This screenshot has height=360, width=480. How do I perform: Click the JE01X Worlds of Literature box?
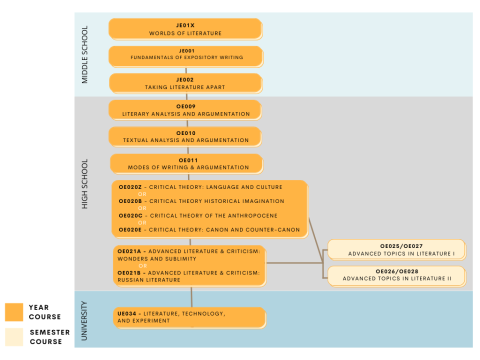[185, 29]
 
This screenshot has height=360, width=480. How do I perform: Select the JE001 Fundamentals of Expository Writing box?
[185, 56]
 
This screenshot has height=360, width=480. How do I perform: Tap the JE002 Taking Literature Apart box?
[185, 83]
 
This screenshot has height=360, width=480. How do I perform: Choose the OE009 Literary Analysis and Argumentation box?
[185, 110]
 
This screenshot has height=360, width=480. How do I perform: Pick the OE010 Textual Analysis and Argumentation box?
[185, 136]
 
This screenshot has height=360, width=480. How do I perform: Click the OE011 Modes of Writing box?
[186, 163]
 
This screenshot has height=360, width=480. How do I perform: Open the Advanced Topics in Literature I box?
[396, 250]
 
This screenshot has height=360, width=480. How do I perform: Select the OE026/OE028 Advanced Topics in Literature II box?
[396, 275]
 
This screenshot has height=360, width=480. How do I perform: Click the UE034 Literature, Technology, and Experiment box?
[189, 317]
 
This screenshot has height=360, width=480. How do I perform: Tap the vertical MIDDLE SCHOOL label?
[84, 54]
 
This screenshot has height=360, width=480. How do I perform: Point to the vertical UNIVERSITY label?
[84, 320]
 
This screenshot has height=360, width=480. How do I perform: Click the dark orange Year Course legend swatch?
[14, 312]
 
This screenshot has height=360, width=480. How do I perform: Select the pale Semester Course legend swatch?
[14, 337]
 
